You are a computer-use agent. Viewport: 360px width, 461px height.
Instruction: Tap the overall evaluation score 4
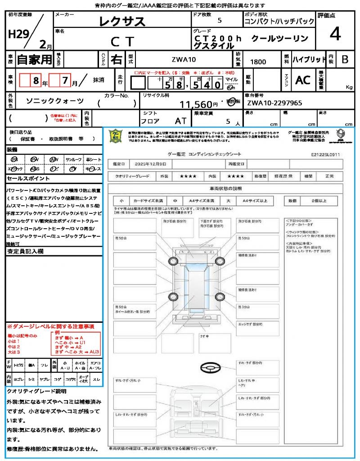[334, 34]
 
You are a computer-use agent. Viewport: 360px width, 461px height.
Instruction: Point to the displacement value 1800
[258, 62]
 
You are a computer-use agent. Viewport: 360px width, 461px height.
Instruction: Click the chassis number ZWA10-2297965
[274, 103]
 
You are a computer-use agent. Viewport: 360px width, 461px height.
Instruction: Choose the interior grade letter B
[345, 59]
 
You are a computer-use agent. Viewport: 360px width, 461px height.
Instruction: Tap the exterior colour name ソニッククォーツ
[55, 101]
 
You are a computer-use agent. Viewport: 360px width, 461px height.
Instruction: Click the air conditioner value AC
[303, 80]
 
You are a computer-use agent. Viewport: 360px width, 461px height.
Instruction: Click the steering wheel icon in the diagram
[210, 368]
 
